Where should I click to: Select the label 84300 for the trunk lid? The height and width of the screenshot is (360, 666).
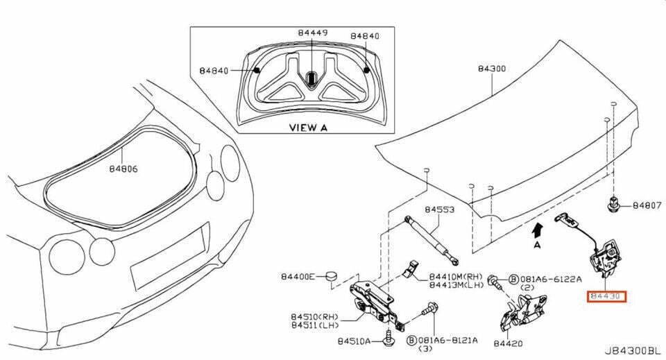point(492,69)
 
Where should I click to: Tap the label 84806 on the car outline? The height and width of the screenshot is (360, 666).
point(123,168)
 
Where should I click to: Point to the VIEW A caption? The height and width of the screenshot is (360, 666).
point(308,128)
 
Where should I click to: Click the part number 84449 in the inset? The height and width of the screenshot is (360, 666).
point(314,33)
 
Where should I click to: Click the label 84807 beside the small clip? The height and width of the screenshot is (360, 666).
point(646,206)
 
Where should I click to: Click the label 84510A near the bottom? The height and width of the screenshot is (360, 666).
point(357,341)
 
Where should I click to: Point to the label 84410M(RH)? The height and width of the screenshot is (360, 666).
point(454,275)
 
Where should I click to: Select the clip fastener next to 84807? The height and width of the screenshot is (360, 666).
point(613,205)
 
